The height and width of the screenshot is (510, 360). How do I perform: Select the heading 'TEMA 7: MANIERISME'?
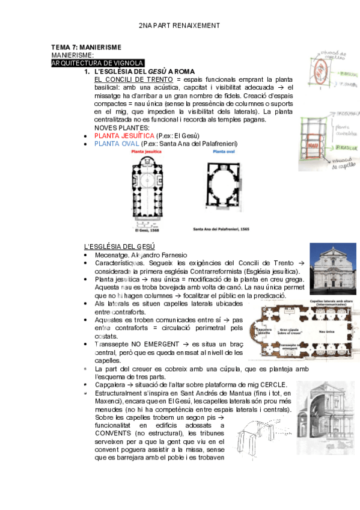point(87,47)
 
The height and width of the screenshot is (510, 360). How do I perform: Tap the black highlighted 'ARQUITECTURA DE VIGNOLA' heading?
point(97,63)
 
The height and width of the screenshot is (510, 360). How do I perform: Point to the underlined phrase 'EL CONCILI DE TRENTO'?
point(133,79)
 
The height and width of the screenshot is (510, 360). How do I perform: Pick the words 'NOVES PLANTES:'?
point(122,128)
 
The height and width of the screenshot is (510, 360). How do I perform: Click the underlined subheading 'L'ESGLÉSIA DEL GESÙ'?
point(119,247)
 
